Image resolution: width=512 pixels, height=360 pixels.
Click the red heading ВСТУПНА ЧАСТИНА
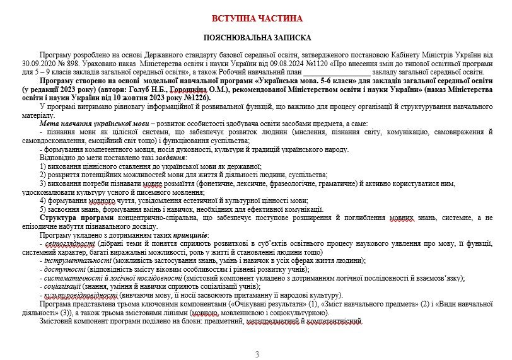coord(255,18)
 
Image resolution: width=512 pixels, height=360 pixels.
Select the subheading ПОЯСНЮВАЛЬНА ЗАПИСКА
coord(255,38)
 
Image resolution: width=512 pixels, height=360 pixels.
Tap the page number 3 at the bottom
coord(256,354)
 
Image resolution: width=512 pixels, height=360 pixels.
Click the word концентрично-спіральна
coord(148,218)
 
